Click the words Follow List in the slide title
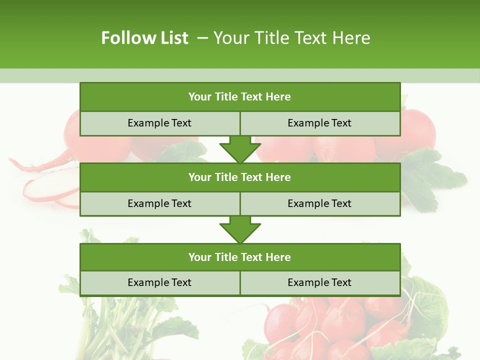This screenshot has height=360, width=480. tap(144, 38)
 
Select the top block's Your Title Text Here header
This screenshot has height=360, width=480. tap(239, 97)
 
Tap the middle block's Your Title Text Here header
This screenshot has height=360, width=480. tap(239, 177)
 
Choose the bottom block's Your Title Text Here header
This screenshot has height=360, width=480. tap(239, 257)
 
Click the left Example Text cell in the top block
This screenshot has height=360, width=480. tap(159, 123)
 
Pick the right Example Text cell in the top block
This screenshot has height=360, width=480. tap(319, 123)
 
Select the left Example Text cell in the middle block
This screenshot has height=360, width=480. tap(159, 203)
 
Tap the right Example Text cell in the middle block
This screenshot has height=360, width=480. tap(319, 203)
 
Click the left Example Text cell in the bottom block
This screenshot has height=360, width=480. tap(159, 282)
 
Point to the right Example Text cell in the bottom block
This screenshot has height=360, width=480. tap(319, 282)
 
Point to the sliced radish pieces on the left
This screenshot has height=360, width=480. tap(47, 187)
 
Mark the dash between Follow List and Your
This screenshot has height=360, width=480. tap(202, 38)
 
